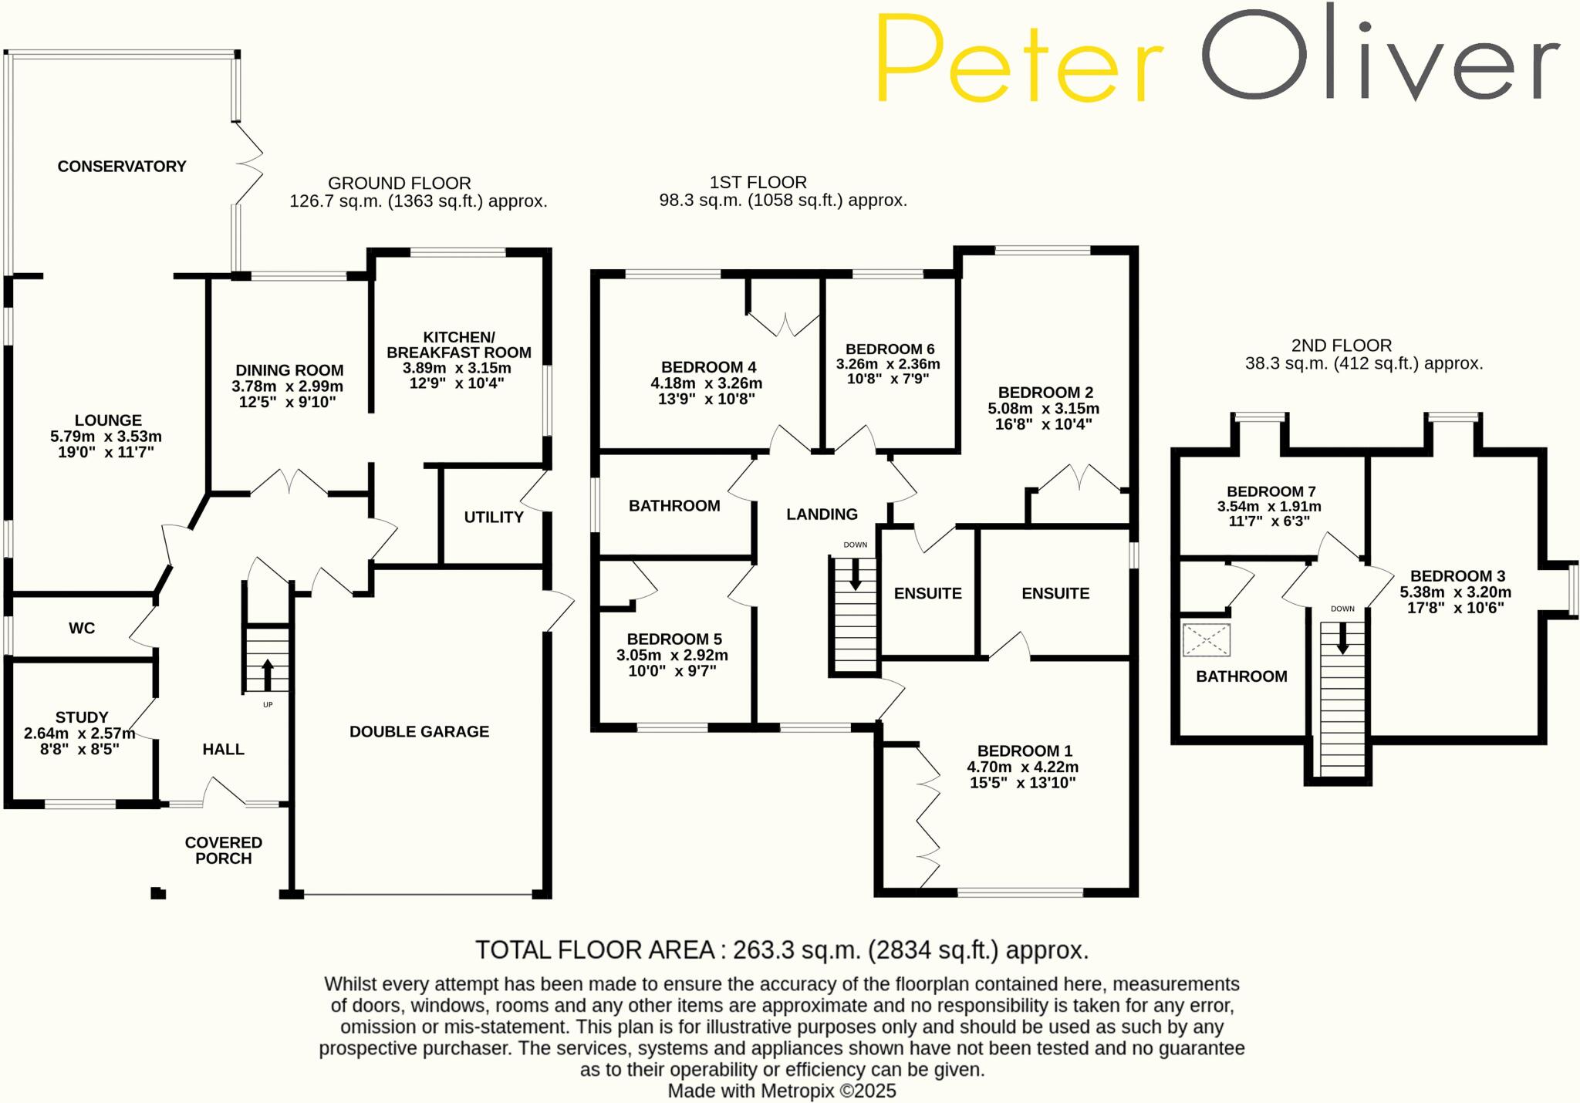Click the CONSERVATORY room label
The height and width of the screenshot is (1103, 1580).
pyautogui.click(x=122, y=167)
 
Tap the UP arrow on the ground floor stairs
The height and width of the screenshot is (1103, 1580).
pyautogui.click(x=268, y=674)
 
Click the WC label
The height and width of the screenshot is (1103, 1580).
pyautogui.click(x=82, y=629)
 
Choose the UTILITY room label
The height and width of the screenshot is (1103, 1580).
pyautogui.click(x=494, y=518)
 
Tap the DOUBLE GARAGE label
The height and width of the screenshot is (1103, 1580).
pyautogui.click(x=419, y=732)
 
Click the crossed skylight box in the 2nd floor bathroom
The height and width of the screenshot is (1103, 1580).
pyautogui.click(x=1206, y=640)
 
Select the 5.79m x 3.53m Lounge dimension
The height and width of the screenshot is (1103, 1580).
pyautogui.click(x=106, y=437)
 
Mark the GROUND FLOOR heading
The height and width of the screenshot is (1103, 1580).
pyautogui.click(x=400, y=184)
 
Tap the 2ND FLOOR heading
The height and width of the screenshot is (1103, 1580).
pyautogui.click(x=1342, y=346)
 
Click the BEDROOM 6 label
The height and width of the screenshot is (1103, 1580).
pyautogui.click(x=890, y=349)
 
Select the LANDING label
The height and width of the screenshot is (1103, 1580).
pyautogui.click(x=822, y=514)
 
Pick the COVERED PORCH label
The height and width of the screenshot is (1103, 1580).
pyautogui.click(x=224, y=851)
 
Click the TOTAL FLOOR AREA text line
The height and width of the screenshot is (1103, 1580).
pyautogui.click(x=782, y=950)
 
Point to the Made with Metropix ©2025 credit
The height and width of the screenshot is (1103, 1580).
pyautogui.click(x=782, y=1091)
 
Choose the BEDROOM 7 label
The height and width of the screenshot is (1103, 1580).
pyautogui.click(x=1271, y=492)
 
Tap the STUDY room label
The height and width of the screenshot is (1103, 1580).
pyautogui.click(x=82, y=717)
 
